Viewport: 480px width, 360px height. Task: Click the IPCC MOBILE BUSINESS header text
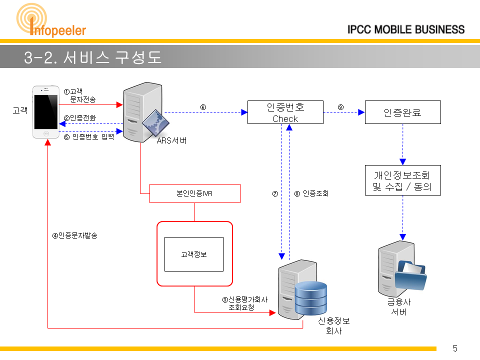(x=406, y=29)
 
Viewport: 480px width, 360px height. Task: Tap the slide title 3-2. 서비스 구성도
(x=92, y=57)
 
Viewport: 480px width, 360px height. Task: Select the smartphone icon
(x=46, y=112)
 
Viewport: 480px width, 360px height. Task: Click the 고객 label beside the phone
(x=20, y=110)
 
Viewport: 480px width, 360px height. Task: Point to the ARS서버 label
(x=171, y=140)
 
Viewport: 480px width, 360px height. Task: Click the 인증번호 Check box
(x=285, y=112)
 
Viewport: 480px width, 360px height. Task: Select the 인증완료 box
(x=403, y=112)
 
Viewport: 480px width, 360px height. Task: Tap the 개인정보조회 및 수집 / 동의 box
(x=403, y=180)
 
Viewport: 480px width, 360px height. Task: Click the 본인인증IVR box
(x=194, y=193)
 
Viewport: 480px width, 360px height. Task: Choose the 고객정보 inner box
(x=194, y=254)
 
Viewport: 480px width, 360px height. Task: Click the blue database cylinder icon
(x=311, y=298)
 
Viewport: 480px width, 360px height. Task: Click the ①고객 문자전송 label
(x=79, y=95)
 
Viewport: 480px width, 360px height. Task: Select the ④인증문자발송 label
(x=74, y=235)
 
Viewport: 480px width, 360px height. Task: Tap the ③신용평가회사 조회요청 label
(x=245, y=303)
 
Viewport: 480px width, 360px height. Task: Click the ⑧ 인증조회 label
(x=311, y=193)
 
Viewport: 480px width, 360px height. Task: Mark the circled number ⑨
(x=340, y=107)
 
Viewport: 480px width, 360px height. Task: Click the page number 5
(x=455, y=348)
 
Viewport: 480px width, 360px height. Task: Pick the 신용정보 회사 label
(x=334, y=325)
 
